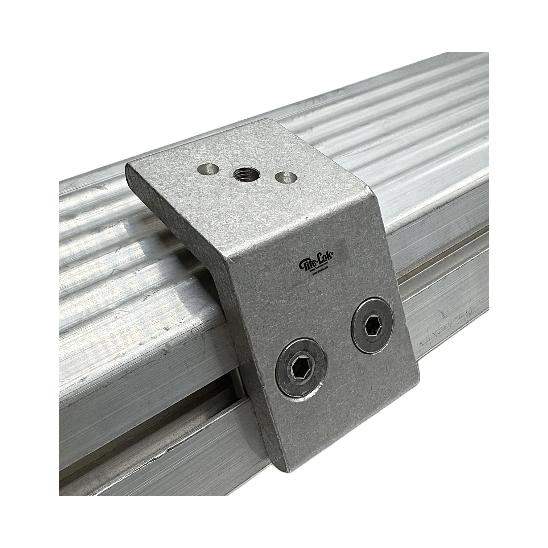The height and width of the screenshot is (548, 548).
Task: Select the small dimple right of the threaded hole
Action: point(285,178)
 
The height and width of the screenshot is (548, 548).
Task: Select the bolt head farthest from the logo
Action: point(301,367)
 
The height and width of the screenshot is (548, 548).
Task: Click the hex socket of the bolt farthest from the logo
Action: point(299,368)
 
